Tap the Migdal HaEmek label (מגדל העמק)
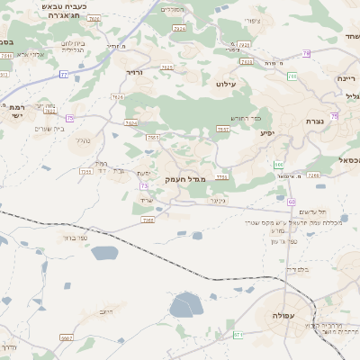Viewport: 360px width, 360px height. click(x=186, y=180)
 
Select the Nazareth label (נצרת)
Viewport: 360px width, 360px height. click(x=314, y=121)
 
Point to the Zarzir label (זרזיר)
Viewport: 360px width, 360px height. click(x=134, y=72)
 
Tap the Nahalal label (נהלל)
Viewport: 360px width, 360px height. click(x=81, y=140)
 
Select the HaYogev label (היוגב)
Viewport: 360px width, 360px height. click(x=105, y=311)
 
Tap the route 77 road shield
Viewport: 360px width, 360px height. click(x=64, y=74)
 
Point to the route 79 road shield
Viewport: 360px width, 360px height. click(x=306, y=53)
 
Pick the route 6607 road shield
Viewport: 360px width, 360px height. click(x=66, y=337)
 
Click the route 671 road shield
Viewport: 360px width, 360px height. click(x=238, y=335)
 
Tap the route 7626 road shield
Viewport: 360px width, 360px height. click(x=117, y=96)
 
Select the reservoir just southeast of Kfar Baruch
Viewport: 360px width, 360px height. click(x=105, y=254)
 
